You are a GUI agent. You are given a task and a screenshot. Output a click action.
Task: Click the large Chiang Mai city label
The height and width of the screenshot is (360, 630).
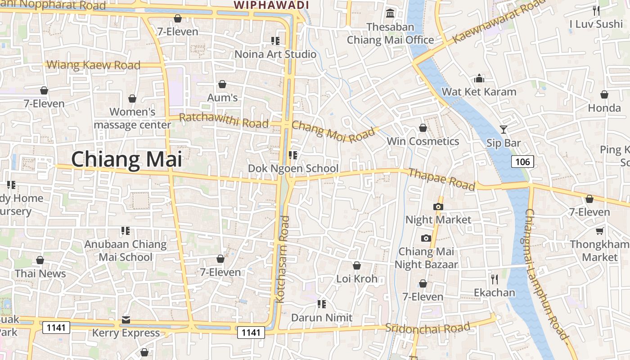coord(126,160)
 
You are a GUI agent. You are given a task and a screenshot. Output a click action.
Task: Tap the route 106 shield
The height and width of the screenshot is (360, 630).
coord(522,162)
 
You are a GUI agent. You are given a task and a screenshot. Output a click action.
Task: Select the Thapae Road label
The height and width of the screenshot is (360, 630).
coord(441,179)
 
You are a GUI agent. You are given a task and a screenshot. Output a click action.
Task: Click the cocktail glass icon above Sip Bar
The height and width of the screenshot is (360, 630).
coord(504,130)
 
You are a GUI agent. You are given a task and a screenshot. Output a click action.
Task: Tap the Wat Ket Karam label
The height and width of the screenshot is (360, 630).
coord(479,92)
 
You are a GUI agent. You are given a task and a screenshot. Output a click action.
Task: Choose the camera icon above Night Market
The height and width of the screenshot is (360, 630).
coord(438,207)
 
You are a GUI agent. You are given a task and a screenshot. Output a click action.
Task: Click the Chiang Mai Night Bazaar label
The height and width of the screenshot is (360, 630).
coord(426,258)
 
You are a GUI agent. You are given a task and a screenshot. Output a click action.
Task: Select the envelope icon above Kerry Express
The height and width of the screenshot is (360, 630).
coord(126,320)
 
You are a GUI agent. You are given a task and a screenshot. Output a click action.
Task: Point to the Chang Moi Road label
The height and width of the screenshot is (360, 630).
coord(333,131)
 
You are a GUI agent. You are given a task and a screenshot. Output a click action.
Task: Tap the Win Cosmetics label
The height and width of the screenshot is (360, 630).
coord(423,141)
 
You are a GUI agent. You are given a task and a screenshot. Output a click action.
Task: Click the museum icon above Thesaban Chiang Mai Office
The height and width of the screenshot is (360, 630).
coord(390,13)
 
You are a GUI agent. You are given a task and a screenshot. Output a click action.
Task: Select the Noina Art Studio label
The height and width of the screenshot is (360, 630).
coord(275,54)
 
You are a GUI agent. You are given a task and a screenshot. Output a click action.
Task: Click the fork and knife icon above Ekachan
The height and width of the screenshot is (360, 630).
coord(495,279)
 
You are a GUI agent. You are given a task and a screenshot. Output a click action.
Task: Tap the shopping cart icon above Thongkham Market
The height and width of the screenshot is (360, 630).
coord(599,231)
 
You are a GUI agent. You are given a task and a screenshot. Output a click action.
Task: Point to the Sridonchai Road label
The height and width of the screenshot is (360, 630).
coord(427,327)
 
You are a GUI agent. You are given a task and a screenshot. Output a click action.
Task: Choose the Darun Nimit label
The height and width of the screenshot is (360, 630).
coord(322,318)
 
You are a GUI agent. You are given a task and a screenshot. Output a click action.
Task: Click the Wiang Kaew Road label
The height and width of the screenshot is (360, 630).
coord(94,65)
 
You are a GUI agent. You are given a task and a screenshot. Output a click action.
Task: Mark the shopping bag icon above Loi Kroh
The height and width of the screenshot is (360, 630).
coord(357,265)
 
